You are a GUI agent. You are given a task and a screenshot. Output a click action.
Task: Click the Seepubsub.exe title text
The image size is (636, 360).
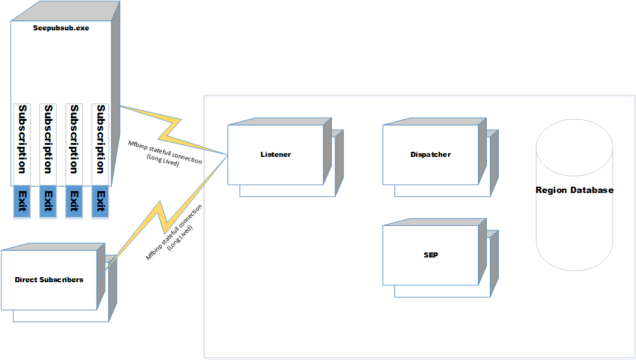click(x=61, y=28)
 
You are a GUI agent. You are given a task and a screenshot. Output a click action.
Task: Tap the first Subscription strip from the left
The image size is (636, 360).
click(x=22, y=139)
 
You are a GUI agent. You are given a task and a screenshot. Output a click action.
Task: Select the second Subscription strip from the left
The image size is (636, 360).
click(x=48, y=139)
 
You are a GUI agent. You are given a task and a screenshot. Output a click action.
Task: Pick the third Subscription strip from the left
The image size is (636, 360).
click(x=75, y=139)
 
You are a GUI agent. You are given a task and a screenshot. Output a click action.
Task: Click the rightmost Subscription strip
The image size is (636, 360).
click(x=101, y=139)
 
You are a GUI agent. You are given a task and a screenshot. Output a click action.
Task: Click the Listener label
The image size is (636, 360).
click(x=276, y=154)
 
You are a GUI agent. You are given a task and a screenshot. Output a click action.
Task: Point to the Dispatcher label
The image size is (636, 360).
click(x=430, y=154)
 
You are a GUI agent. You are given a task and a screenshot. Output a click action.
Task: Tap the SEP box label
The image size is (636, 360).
click(x=431, y=256)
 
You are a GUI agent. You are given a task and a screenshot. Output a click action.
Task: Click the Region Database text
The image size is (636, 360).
click(x=574, y=190)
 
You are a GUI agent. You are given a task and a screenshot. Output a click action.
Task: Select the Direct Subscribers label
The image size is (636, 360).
click(x=49, y=279)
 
